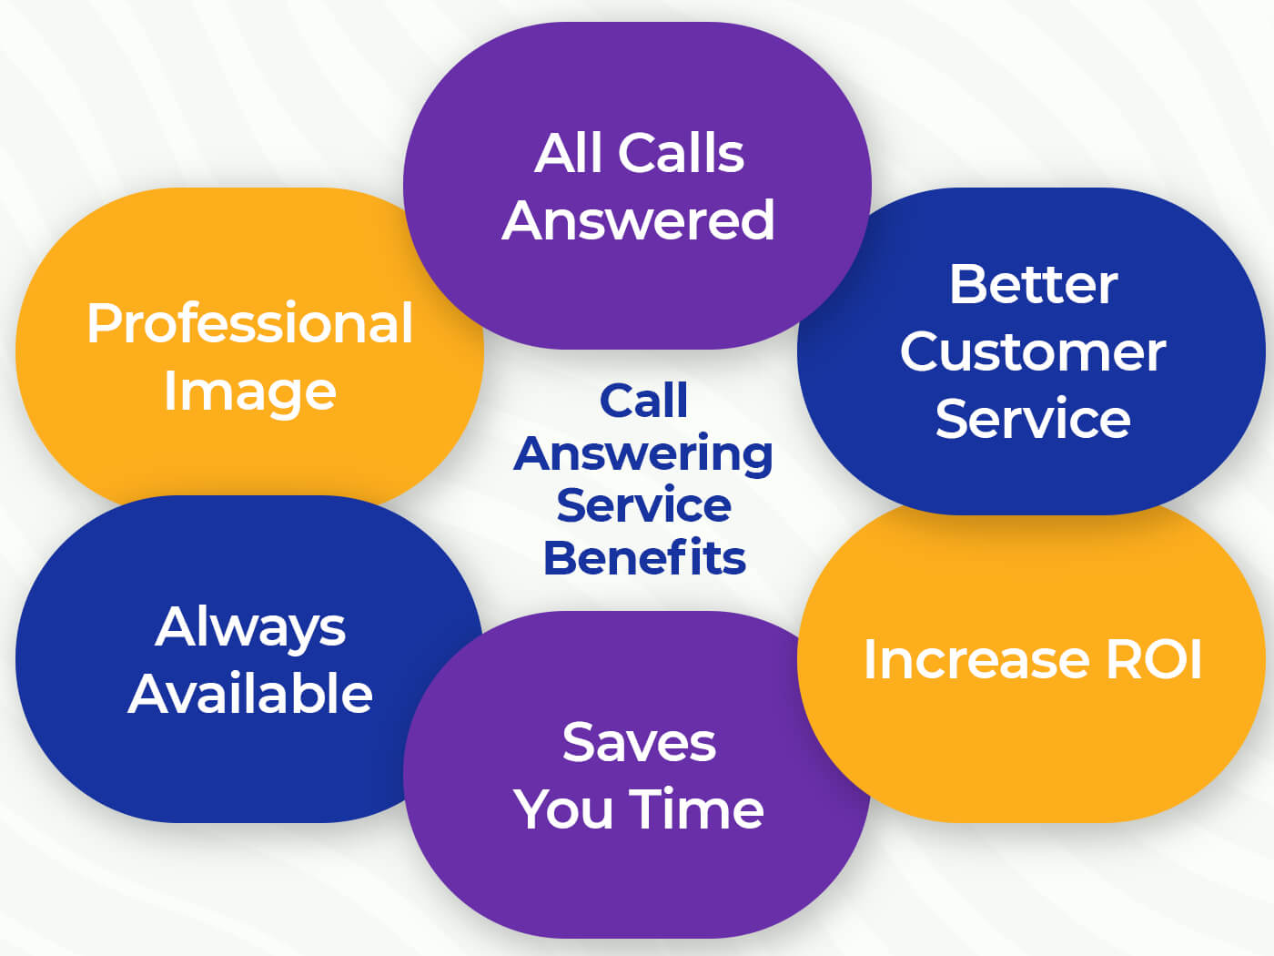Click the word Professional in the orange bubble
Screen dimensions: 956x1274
(x=249, y=323)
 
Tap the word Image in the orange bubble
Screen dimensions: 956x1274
(x=249, y=392)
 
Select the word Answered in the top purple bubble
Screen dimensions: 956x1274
(x=638, y=220)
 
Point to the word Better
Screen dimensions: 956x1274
(x=1033, y=284)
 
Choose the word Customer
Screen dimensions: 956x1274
(x=1033, y=351)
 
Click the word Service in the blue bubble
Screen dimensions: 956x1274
(x=1033, y=419)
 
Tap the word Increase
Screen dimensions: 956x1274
(x=976, y=659)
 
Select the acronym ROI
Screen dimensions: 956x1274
(x=1154, y=659)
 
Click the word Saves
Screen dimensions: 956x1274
(x=639, y=742)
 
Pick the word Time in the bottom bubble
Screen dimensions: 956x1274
(x=696, y=809)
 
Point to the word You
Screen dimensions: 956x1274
(x=564, y=809)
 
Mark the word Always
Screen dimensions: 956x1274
(x=250, y=627)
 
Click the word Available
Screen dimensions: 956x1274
(x=250, y=694)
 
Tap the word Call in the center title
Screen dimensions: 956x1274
(x=643, y=401)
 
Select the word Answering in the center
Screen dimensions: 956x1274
(x=643, y=454)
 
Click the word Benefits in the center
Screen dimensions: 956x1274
(x=644, y=558)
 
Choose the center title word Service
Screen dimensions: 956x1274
(x=643, y=505)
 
